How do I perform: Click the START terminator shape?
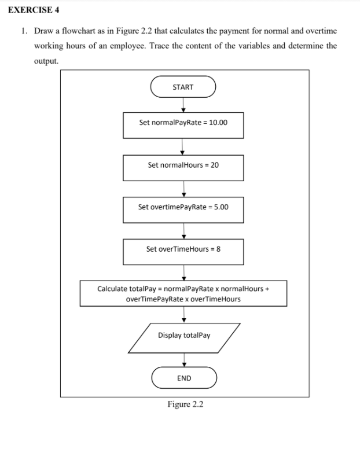(x=183, y=87)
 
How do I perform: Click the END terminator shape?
(x=184, y=379)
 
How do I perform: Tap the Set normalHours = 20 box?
(x=183, y=165)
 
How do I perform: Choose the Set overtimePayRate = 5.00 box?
(x=183, y=207)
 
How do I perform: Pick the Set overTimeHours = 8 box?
(x=183, y=250)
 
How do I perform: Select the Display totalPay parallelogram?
(x=184, y=336)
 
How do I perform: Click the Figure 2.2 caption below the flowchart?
(x=185, y=404)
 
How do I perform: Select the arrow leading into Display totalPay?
(x=184, y=314)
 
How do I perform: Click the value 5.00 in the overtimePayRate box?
(x=220, y=207)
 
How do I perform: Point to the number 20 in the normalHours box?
(x=214, y=165)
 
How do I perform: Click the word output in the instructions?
(x=46, y=60)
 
